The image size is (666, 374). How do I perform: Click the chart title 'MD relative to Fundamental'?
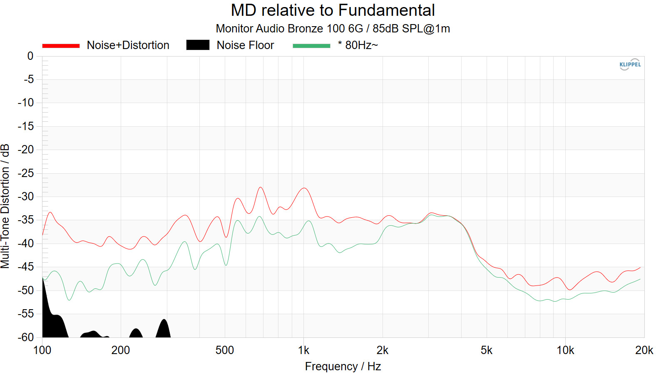(333, 10)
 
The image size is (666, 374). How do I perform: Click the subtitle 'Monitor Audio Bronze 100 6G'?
(289, 29)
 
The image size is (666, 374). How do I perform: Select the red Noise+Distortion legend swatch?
(61, 45)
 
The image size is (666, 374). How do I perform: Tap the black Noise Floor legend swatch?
(198, 45)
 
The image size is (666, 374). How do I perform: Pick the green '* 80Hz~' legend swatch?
(311, 45)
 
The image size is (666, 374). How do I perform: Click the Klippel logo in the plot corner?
(630, 64)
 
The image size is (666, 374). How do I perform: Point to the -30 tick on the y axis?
(25, 197)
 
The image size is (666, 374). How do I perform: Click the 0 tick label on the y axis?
(30, 56)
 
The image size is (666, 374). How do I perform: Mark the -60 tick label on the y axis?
(25, 337)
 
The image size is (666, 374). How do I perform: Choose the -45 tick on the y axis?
(25, 267)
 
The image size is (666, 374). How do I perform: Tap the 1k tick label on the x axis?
(303, 350)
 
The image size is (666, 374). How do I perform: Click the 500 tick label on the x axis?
(224, 350)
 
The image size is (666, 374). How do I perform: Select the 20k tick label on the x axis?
(644, 350)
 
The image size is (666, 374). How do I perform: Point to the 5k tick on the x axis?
(486, 350)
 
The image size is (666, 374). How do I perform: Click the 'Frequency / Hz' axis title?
(343, 367)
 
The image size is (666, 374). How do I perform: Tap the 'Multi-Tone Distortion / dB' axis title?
(5, 206)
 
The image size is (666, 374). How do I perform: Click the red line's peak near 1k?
(304, 188)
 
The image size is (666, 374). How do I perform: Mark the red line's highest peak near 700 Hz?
(261, 187)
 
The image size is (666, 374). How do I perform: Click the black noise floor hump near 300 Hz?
(164, 328)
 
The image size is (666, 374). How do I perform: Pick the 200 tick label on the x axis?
(121, 350)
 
